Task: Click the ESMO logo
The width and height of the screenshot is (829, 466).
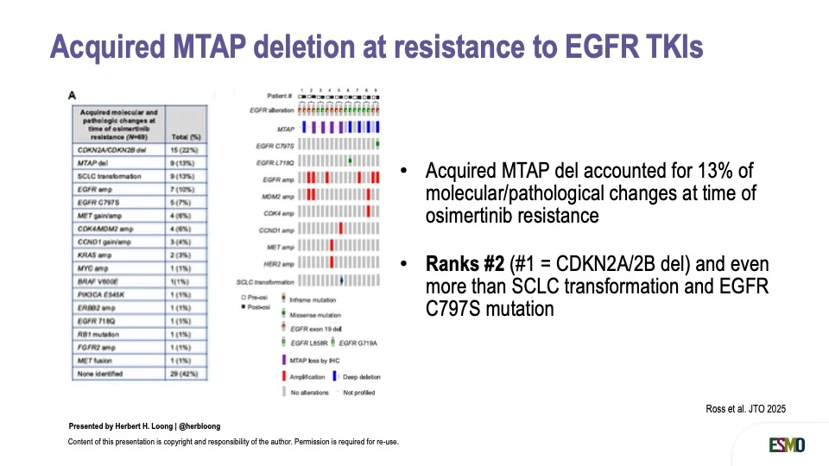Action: point(787,444)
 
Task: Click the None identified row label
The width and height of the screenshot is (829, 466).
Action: point(99,374)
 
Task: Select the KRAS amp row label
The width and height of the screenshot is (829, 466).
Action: point(92,255)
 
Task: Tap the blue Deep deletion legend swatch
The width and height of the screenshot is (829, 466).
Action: point(339,376)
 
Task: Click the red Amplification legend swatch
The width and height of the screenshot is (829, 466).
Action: point(283,376)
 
